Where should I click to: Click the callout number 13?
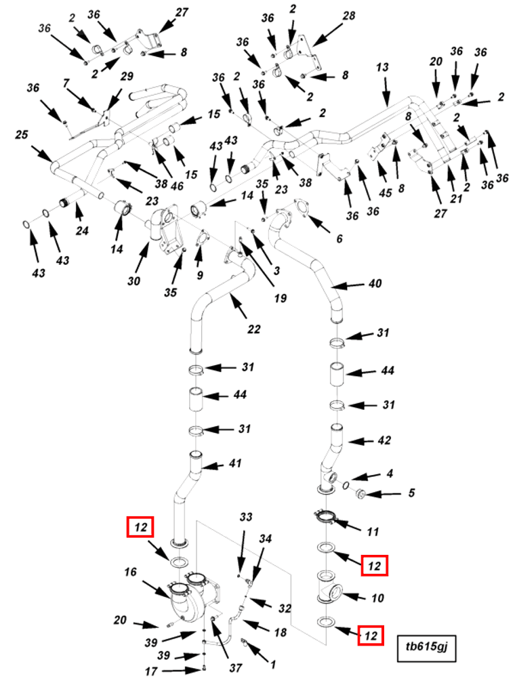point(383,67)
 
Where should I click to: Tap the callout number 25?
point(22,135)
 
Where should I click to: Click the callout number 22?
point(254,329)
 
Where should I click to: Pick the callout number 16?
point(130,572)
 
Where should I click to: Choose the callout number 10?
point(378,598)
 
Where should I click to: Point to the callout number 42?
point(384,440)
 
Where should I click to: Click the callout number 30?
point(133,280)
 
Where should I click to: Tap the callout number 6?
point(339,238)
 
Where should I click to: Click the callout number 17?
point(151,671)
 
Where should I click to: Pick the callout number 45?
point(385,193)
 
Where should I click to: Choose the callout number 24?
point(82,232)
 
